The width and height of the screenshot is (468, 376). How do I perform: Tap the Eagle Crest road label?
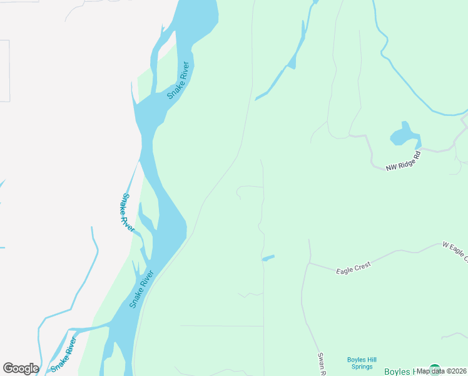tap(354, 268)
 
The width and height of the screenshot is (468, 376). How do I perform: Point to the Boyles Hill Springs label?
tap(362, 363)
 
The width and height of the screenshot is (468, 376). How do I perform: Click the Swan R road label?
tap(322, 363)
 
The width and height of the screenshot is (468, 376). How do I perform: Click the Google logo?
tap(21, 368)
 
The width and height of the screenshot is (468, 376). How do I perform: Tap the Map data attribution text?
tap(442, 370)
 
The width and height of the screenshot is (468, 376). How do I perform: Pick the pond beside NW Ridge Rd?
tap(404, 135)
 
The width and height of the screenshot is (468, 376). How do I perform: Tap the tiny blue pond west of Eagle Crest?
tap(268, 258)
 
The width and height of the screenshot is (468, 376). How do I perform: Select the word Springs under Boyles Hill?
tap(362, 367)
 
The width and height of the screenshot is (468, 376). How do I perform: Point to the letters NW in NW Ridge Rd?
tap(392, 167)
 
